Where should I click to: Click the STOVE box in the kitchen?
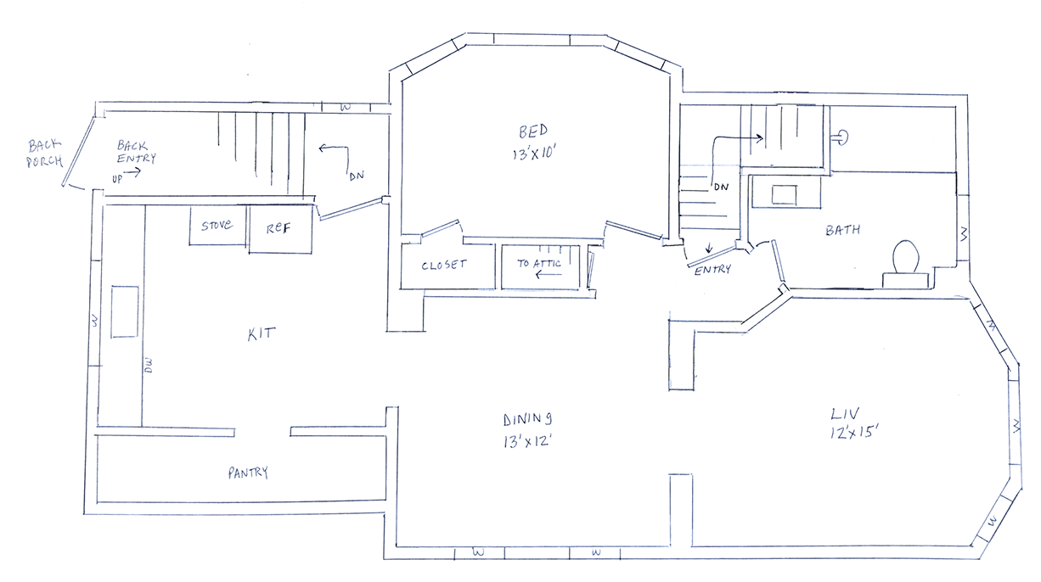pyautogui.click(x=217, y=226)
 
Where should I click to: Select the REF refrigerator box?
pyautogui.click(x=280, y=229)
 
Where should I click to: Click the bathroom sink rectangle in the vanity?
pyautogui.click(x=784, y=194)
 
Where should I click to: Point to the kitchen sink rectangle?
pyautogui.click(x=125, y=311)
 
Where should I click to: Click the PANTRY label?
pyautogui.click(x=248, y=473)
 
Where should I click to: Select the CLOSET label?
pyautogui.click(x=444, y=265)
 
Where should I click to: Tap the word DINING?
pyautogui.click(x=528, y=419)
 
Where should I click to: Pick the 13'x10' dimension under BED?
pyautogui.click(x=534, y=153)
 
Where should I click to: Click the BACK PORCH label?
pyautogui.click(x=45, y=154)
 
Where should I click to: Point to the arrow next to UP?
pyautogui.click(x=132, y=172)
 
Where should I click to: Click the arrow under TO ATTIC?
pyautogui.click(x=549, y=275)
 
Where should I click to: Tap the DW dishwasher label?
pyautogui.click(x=149, y=366)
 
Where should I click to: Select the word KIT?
pyautogui.click(x=262, y=334)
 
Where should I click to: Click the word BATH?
pyautogui.click(x=842, y=230)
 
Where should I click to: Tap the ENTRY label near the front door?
pyautogui.click(x=712, y=270)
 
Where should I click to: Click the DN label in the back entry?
pyautogui.click(x=357, y=176)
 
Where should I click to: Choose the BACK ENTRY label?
pyautogui.click(x=136, y=152)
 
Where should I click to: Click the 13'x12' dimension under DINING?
pyautogui.click(x=527, y=441)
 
